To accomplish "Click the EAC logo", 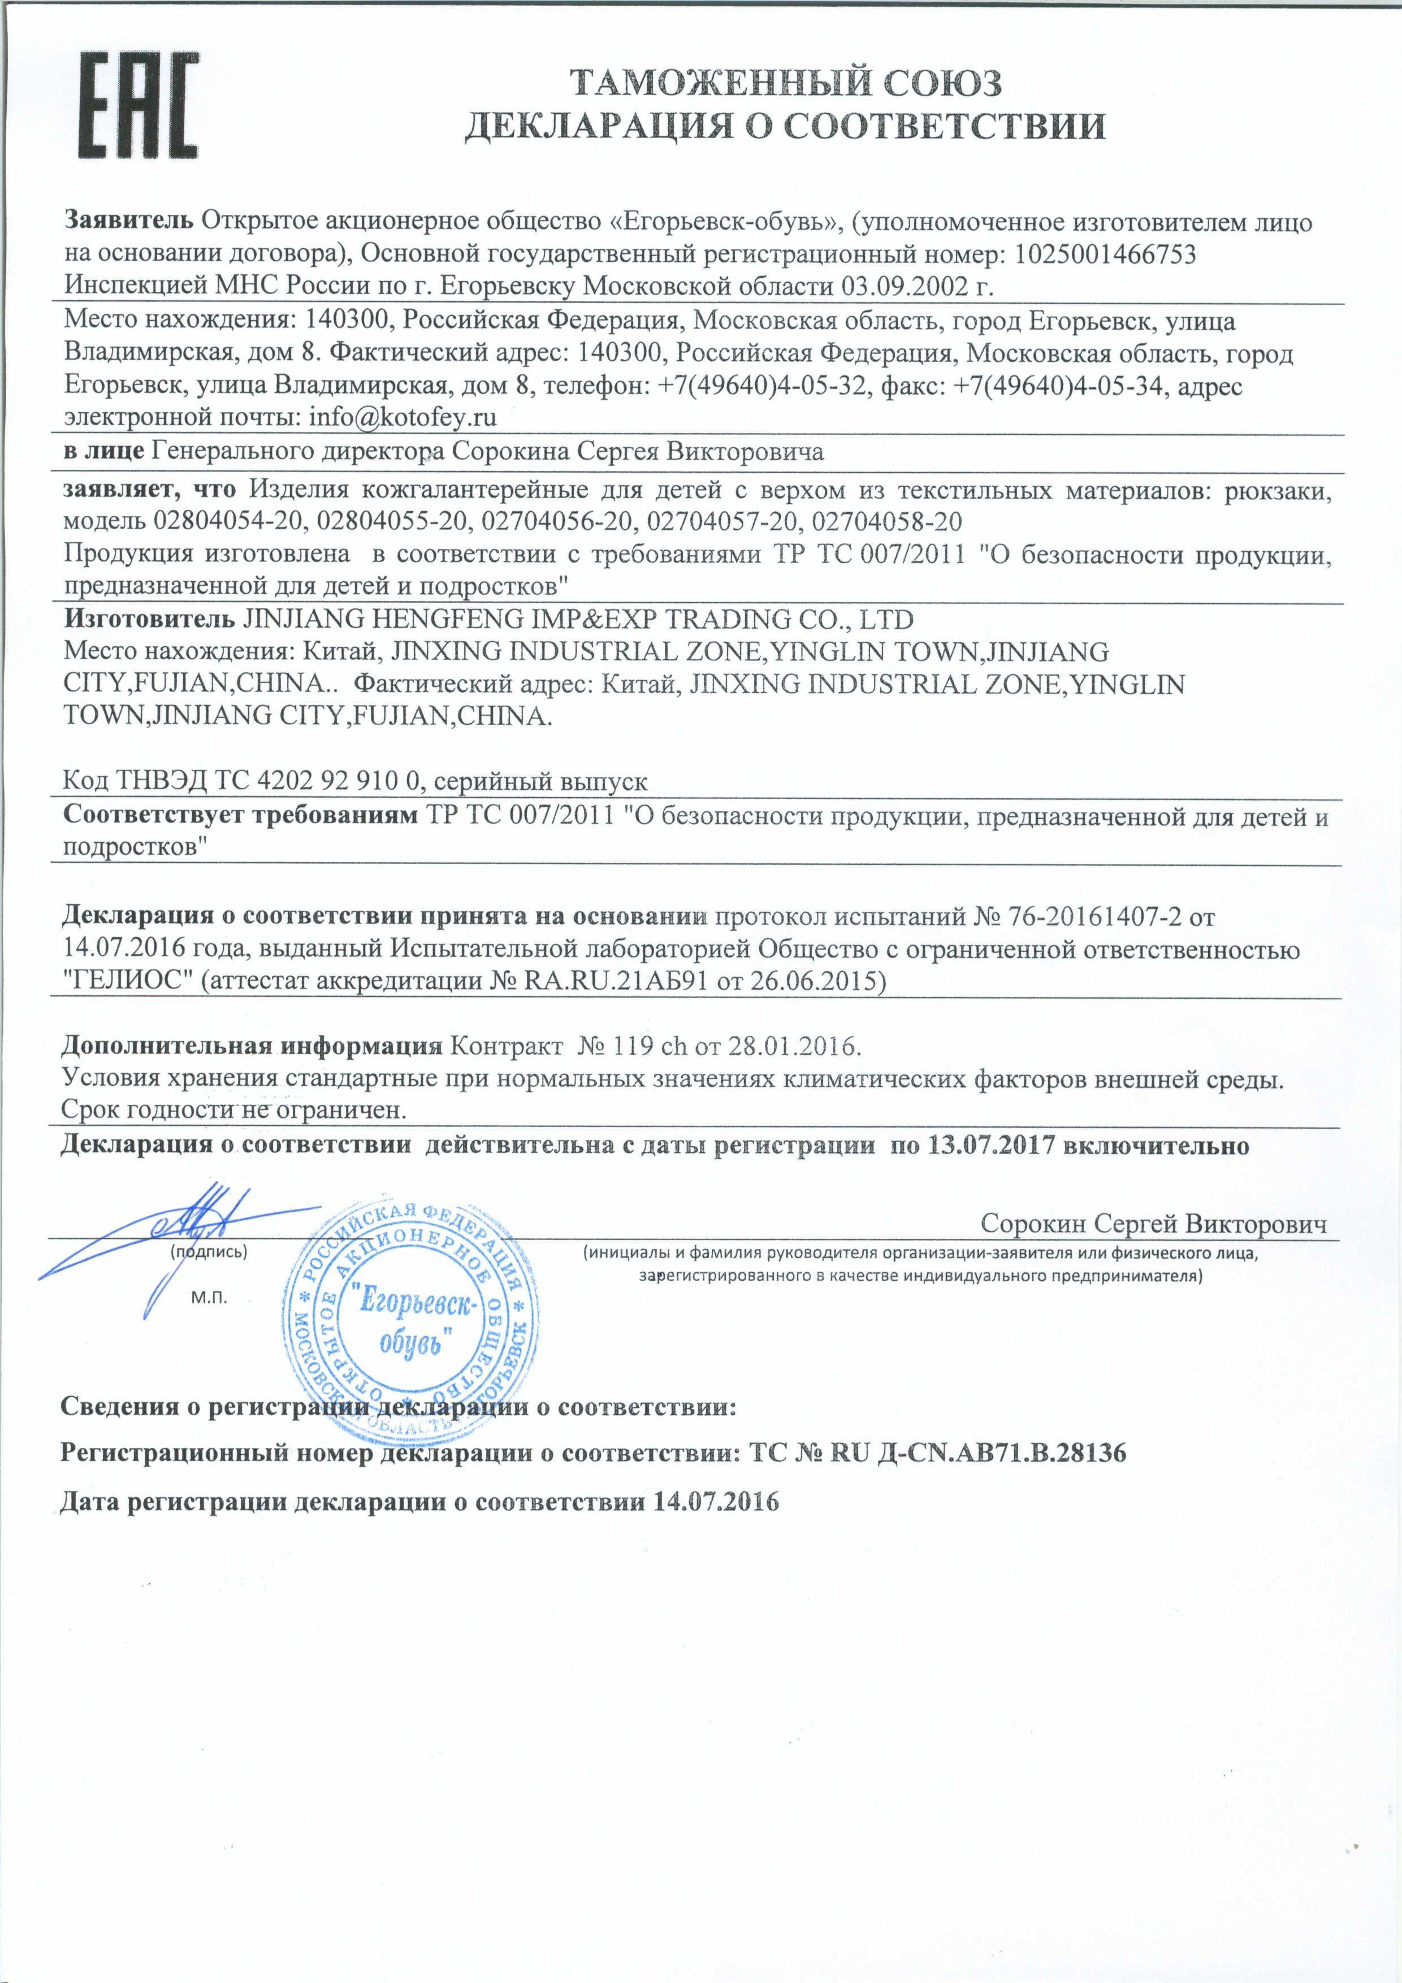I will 138,105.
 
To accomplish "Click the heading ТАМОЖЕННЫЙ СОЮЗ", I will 786,83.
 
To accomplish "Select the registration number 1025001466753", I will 1105,255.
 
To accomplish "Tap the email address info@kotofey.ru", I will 403,418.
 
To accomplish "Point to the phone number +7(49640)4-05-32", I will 761,386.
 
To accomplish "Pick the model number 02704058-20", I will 888,522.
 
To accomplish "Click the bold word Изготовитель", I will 149,619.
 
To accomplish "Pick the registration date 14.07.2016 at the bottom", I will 716,1502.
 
